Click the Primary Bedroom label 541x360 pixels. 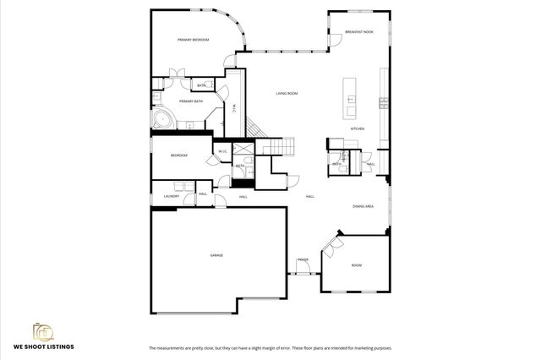pos(193,40)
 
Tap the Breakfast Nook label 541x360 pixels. pos(358,32)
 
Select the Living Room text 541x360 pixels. pos(287,93)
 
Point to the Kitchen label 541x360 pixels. pos(358,128)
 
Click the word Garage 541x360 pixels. pos(216,254)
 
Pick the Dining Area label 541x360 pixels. pos(363,206)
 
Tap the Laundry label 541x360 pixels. pos(171,196)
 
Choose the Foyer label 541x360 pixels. pos(302,259)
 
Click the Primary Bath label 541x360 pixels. pos(191,101)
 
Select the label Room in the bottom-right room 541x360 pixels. pos(357,265)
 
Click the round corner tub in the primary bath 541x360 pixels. pos(161,118)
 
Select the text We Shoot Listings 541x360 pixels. pos(44,347)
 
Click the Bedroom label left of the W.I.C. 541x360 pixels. pos(178,155)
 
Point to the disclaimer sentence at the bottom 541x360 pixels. pos(270,347)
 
